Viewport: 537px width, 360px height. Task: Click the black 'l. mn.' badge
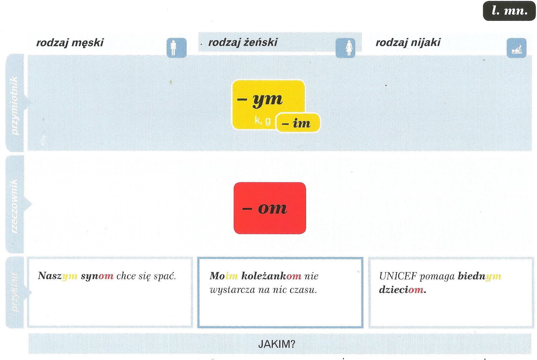click(x=509, y=11)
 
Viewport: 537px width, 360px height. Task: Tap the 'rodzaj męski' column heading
click(x=70, y=43)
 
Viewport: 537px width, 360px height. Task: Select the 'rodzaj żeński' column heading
click(x=243, y=42)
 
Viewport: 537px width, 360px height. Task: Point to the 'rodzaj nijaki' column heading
click(x=408, y=42)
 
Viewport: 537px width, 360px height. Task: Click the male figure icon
click(x=176, y=48)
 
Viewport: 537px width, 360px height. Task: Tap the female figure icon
click(x=346, y=48)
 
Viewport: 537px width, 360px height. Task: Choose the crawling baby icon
click(x=517, y=48)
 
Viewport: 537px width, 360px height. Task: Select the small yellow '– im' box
click(x=298, y=123)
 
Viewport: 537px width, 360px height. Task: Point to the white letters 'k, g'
click(x=263, y=120)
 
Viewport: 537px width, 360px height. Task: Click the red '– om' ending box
click(x=270, y=208)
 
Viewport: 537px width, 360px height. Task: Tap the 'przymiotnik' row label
click(x=15, y=105)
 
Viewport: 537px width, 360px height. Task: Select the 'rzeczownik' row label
click(x=15, y=206)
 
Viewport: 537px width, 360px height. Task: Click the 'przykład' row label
click(x=15, y=292)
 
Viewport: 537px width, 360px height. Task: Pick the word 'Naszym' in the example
click(x=57, y=276)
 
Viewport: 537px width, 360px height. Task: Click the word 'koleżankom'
click(x=271, y=276)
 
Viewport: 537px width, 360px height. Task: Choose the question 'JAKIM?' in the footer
click(x=277, y=344)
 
